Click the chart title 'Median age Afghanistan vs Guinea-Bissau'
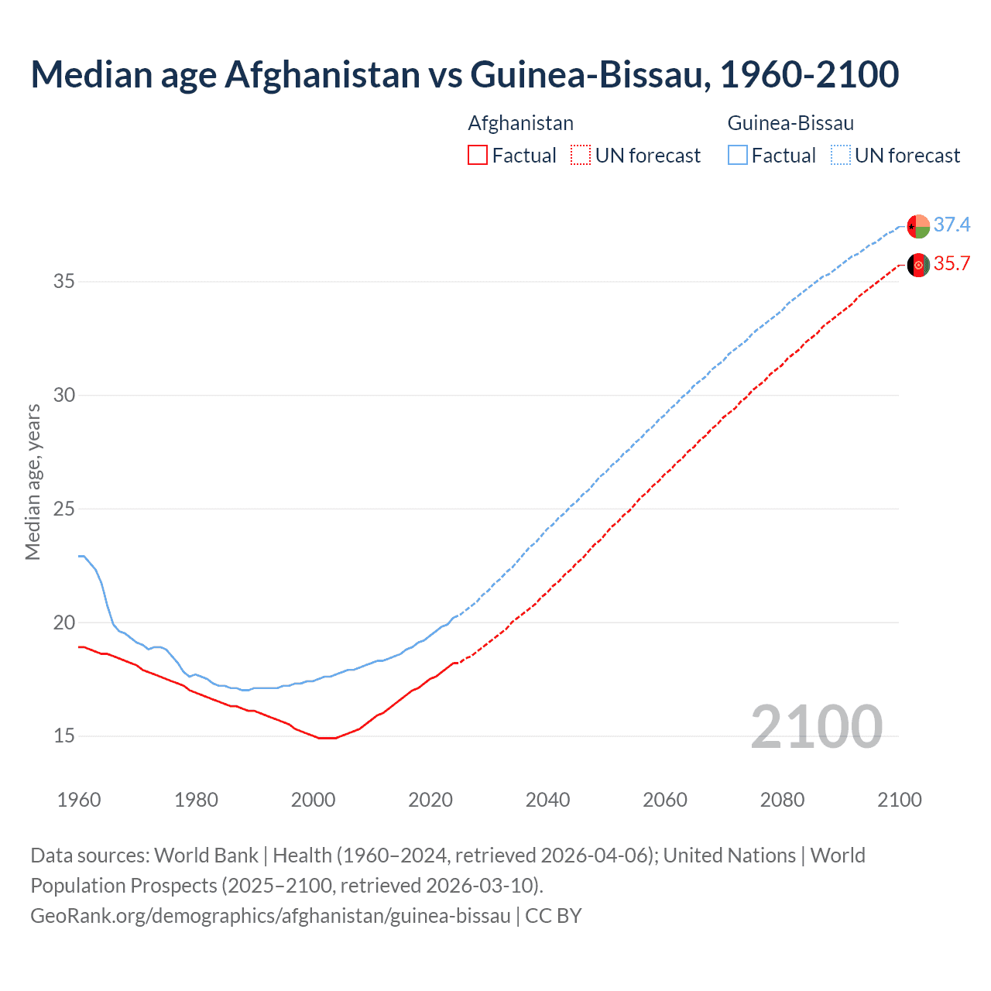(x=465, y=74)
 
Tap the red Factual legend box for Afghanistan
(x=478, y=156)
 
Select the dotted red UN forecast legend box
(x=581, y=156)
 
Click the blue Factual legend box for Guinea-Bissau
(x=738, y=156)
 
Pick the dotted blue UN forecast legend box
(x=841, y=156)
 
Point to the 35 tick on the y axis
(x=64, y=281)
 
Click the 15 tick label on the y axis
(x=64, y=736)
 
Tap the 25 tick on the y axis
(x=64, y=509)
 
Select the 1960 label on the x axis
(x=79, y=800)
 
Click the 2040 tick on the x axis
(x=547, y=800)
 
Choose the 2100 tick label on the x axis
(x=899, y=800)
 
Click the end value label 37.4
(x=952, y=225)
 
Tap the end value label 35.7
(x=952, y=264)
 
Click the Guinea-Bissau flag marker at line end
(x=918, y=226)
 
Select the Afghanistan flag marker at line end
(x=918, y=265)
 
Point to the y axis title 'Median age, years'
(x=33, y=482)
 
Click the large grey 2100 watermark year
(x=816, y=726)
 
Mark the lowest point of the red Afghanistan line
(x=327, y=738)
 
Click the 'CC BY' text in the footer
(x=554, y=916)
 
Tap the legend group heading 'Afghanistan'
(x=520, y=123)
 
